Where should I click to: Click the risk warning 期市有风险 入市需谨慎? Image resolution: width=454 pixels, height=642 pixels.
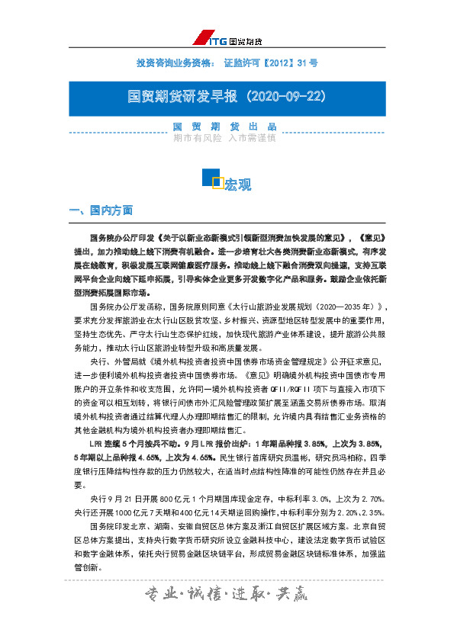pyautogui.click(x=224, y=139)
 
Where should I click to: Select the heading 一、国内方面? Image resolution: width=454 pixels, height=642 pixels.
pyautogui.click(x=101, y=210)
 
